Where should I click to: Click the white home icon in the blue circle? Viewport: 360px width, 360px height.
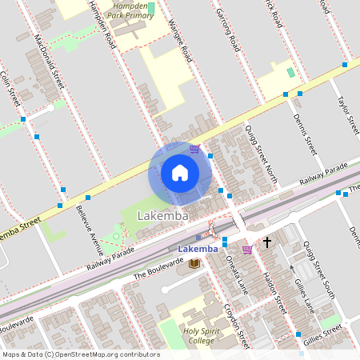[x=180, y=173]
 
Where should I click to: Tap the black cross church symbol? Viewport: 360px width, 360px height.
[x=267, y=241]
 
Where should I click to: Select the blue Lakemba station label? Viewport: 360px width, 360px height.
[x=198, y=249]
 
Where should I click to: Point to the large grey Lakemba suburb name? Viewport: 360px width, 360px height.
[x=163, y=216]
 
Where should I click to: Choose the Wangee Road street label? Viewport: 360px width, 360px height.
[x=181, y=41]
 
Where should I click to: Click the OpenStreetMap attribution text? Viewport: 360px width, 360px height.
[x=80, y=354]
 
